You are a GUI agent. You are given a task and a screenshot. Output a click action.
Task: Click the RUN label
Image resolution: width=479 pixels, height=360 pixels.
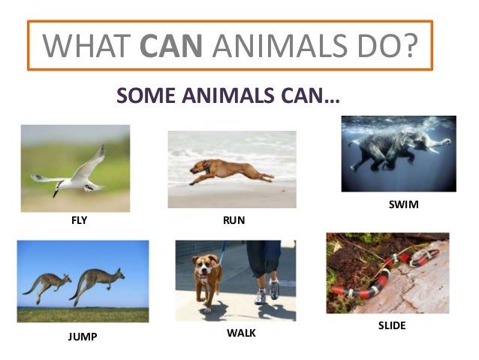point(234,222)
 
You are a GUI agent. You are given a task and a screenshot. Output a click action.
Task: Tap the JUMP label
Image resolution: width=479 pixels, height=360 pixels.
point(83,337)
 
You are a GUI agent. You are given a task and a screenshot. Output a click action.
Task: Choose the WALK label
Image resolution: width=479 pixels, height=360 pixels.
point(241,331)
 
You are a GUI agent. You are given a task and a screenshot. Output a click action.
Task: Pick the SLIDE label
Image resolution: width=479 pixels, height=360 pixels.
point(391,325)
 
